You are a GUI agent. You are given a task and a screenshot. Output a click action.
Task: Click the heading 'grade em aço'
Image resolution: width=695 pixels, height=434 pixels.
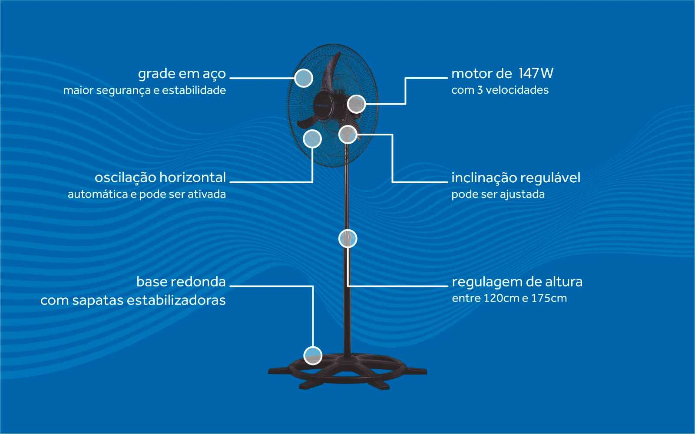point(182,74)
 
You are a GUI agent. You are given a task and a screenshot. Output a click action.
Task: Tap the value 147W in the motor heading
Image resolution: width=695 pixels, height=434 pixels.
point(536,73)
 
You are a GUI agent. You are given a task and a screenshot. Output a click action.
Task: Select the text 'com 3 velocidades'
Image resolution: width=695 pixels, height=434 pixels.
point(500,90)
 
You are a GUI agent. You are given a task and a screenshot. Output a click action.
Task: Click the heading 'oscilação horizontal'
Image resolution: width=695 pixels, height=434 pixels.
point(160,178)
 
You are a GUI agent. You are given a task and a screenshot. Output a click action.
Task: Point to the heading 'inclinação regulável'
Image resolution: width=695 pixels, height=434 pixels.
point(516,178)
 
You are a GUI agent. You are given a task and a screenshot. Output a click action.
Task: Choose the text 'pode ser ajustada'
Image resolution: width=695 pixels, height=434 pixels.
point(498,194)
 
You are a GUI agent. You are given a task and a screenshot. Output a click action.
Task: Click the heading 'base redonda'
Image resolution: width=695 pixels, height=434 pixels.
point(181,282)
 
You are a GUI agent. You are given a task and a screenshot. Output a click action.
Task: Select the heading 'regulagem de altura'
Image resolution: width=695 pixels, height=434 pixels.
point(517,282)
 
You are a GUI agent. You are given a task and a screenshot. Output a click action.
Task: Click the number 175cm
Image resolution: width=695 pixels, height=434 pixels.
point(549,299)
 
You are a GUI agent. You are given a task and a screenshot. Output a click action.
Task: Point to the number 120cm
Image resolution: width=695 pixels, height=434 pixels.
point(501,299)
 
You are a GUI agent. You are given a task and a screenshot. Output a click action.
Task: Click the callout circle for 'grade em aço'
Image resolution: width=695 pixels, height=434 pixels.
point(304,78)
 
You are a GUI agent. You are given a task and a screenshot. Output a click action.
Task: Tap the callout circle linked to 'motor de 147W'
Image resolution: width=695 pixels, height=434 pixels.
point(356,104)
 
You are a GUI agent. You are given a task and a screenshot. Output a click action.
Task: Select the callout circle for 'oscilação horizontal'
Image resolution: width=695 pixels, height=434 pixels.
point(312,139)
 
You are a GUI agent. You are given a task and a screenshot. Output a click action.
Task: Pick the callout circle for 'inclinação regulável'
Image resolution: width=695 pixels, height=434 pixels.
point(347,135)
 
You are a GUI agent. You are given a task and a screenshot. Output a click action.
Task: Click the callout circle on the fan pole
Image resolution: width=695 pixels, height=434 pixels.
point(347,239)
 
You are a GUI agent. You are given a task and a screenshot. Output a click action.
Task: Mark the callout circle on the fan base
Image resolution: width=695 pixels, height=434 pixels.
point(313,356)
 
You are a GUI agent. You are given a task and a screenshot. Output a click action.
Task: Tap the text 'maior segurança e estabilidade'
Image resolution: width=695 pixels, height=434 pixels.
point(144,90)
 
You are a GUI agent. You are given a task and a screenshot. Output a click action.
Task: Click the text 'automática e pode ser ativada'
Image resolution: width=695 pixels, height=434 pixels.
point(146,194)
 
